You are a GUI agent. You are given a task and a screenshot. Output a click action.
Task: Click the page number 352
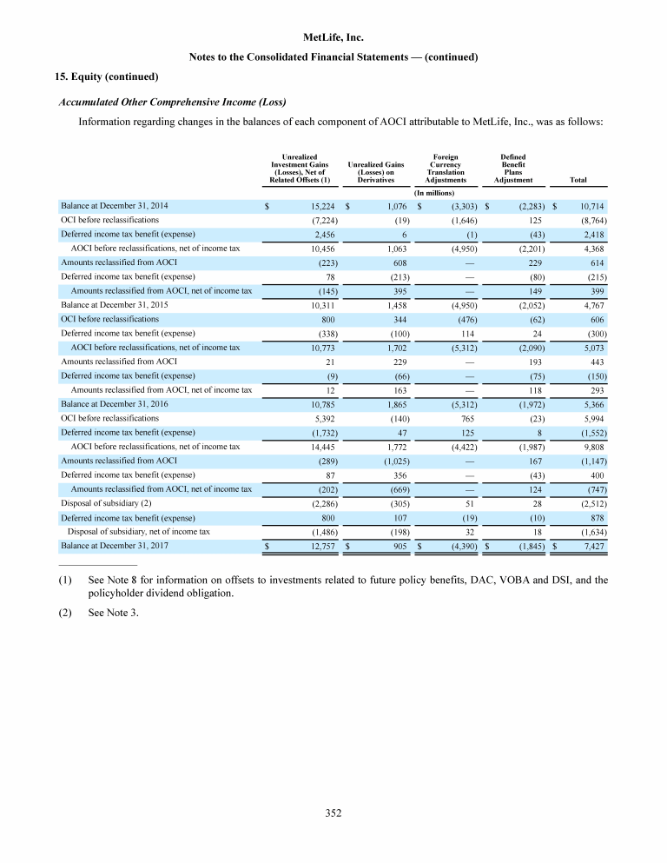[x=333, y=813]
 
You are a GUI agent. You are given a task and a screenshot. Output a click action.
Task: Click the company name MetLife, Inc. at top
[x=333, y=37]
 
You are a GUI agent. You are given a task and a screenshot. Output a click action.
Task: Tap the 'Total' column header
[x=578, y=181]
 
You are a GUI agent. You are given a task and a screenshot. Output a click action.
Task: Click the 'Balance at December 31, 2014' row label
[x=115, y=206]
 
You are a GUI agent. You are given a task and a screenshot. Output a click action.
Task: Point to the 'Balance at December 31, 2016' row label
[x=115, y=404]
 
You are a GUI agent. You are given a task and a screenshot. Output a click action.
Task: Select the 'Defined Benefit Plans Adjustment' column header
[x=512, y=168]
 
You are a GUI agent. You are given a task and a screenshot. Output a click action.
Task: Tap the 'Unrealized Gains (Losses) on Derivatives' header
[x=375, y=172]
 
